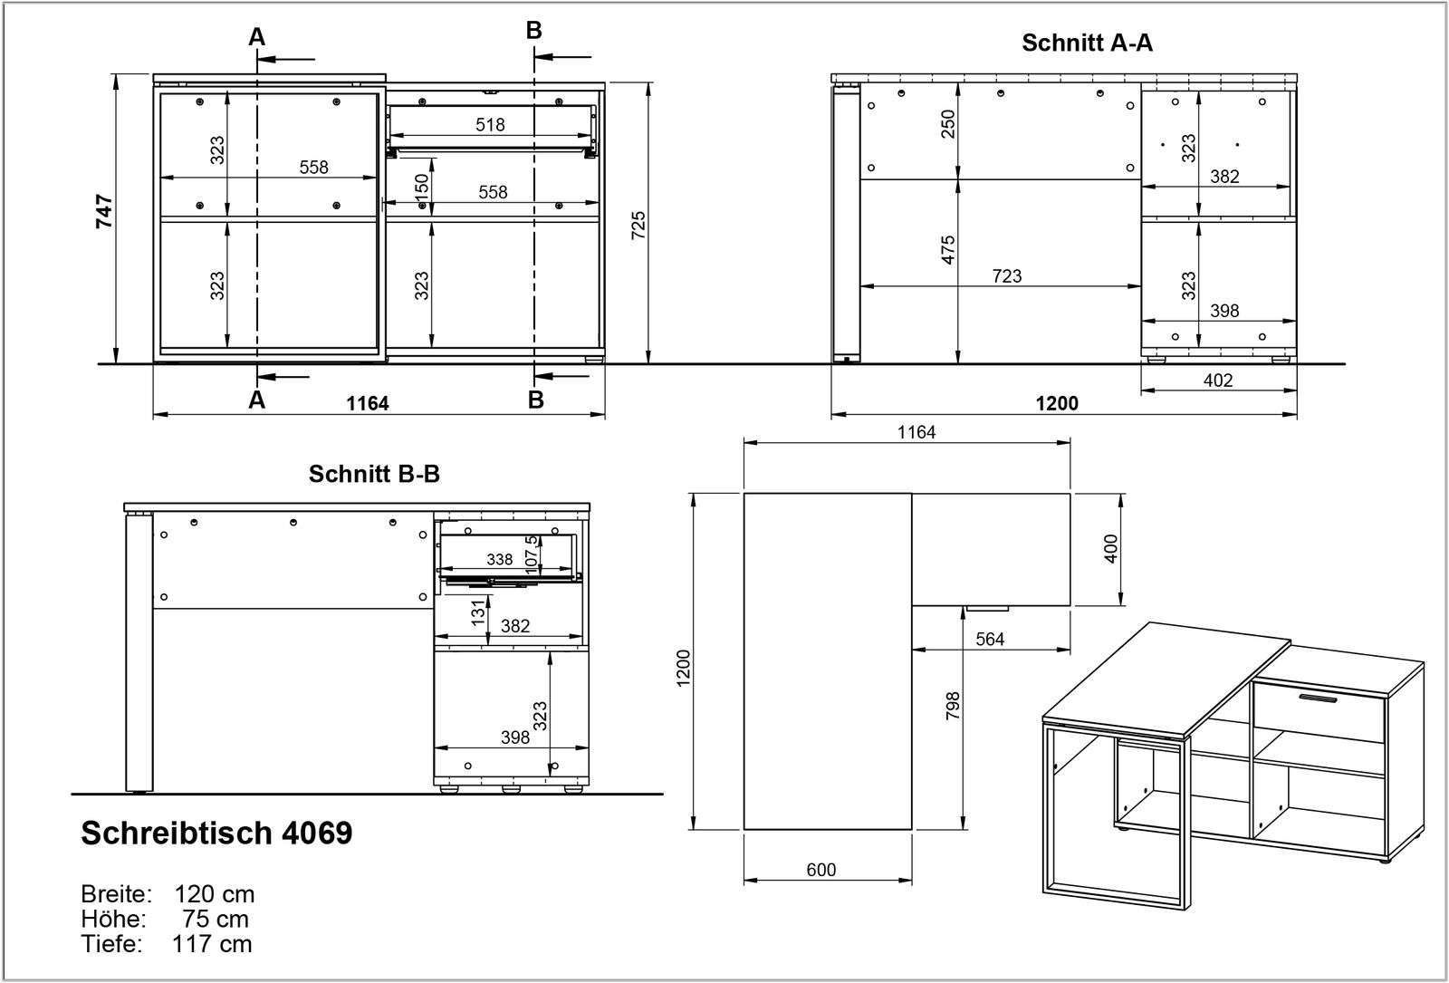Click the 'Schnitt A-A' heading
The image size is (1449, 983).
pyautogui.click(x=1087, y=43)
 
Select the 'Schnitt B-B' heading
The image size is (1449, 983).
pyautogui.click(x=374, y=474)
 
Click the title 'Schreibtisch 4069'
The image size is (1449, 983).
pyautogui.click(x=216, y=833)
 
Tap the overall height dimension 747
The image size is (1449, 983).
pyautogui.click(x=105, y=210)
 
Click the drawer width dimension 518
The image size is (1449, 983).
pyautogui.click(x=490, y=124)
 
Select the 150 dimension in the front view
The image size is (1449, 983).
pyautogui.click(x=422, y=188)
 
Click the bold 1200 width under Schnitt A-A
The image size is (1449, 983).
pyautogui.click(x=1057, y=403)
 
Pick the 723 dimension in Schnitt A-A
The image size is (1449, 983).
pyautogui.click(x=1006, y=275)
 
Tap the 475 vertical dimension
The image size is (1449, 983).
pyautogui.click(x=948, y=250)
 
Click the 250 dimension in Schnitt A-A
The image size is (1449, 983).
pyautogui.click(x=948, y=124)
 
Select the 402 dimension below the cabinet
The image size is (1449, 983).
pyautogui.click(x=1218, y=380)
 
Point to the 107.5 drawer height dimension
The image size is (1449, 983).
pyautogui.click(x=532, y=552)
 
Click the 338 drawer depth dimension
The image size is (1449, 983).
pyautogui.click(x=499, y=560)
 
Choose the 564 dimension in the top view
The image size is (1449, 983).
pyautogui.click(x=990, y=639)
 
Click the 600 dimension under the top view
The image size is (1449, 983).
pyautogui.click(x=820, y=870)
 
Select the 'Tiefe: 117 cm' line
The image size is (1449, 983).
pyautogui.click(x=167, y=944)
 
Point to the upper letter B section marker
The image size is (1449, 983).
pyautogui.click(x=534, y=30)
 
